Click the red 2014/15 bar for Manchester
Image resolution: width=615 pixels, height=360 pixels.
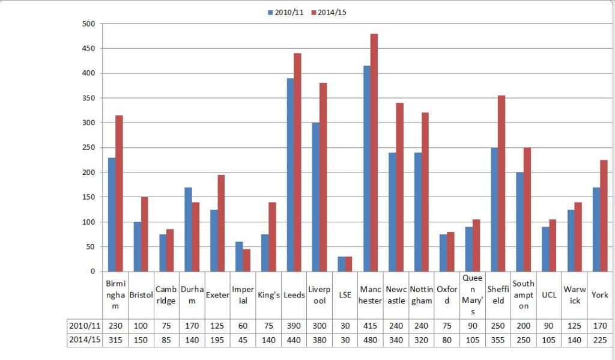click(374, 153)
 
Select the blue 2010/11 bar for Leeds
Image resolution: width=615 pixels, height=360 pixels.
click(290, 175)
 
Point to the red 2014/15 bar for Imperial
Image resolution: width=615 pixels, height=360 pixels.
click(246, 260)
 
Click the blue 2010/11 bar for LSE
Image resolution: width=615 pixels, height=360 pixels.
click(341, 264)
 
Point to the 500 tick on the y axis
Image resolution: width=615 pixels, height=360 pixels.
click(88, 24)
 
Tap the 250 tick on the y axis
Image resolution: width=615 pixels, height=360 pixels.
click(88, 148)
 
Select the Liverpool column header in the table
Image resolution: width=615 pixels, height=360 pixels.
click(320, 295)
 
